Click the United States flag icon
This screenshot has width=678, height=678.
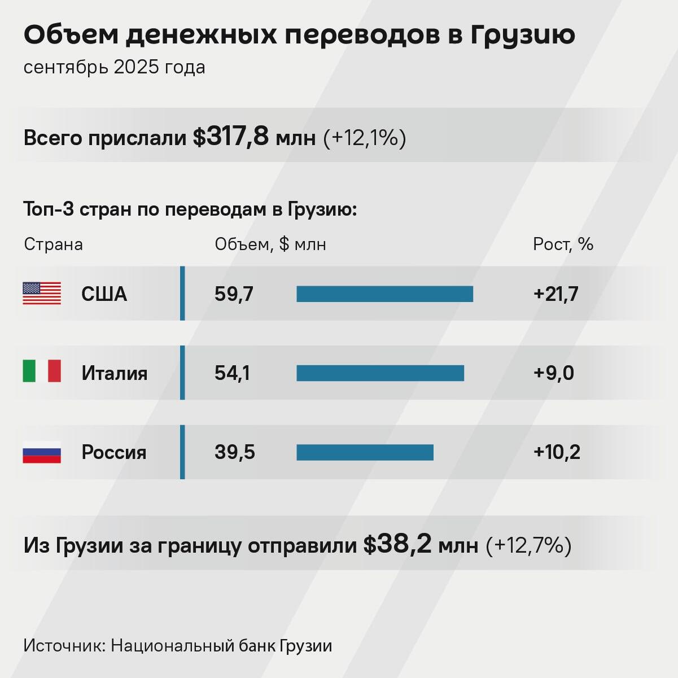tap(42, 294)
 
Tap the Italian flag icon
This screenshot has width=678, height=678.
tap(42, 371)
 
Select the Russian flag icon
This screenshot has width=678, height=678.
tap(42, 452)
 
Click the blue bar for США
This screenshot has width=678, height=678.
tap(384, 294)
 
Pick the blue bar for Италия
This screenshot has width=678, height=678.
tap(380, 373)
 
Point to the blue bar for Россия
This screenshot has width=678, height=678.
tap(365, 452)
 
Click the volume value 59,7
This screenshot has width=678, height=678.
tap(234, 294)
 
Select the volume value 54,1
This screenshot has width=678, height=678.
tap(232, 373)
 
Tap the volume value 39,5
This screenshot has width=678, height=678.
tap(234, 452)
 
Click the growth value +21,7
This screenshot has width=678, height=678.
tap(555, 294)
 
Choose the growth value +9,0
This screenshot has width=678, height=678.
tap(553, 373)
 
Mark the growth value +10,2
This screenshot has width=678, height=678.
tap(557, 452)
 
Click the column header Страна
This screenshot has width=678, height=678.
tap(53, 244)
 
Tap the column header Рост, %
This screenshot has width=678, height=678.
tap(563, 244)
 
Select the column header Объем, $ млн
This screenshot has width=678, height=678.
tap(270, 244)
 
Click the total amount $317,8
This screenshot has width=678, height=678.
tap(231, 137)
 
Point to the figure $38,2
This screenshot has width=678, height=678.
tap(397, 545)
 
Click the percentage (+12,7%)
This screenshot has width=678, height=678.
tap(528, 545)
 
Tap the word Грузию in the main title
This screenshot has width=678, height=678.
tap(522, 35)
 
